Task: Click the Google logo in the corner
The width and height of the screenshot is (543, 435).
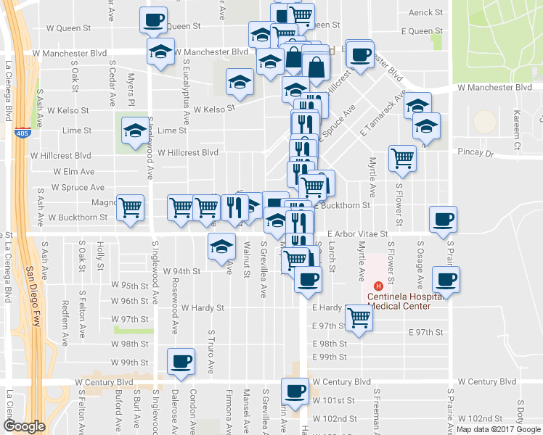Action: point(24,426)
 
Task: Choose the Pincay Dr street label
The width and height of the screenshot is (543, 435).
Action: point(475,154)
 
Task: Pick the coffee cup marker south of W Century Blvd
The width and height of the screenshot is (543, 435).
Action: point(295,391)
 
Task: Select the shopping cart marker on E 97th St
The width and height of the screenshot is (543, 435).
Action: point(359,317)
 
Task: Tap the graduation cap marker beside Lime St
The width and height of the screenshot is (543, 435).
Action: point(134,131)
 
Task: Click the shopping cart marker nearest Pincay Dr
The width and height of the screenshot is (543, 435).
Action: point(401,157)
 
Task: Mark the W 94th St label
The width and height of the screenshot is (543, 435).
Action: point(181,271)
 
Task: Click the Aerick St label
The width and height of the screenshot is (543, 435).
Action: point(425,12)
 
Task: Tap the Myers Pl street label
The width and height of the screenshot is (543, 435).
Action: point(132,90)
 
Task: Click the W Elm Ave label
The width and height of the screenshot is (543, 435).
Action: point(74,172)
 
